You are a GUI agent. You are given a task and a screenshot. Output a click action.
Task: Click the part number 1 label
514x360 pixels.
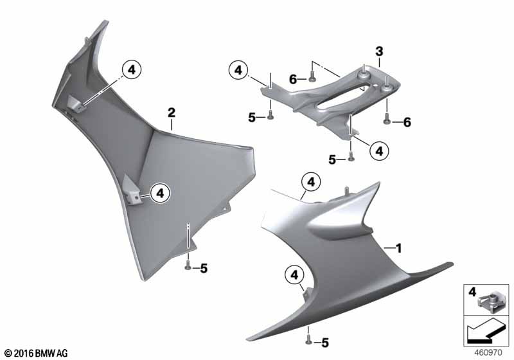coord(398,248)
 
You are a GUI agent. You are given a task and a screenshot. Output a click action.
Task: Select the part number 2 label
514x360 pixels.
coord(172,113)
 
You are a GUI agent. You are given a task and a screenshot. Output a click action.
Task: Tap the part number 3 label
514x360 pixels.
coord(379,51)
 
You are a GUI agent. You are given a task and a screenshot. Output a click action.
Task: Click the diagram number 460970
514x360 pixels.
coord(488,353)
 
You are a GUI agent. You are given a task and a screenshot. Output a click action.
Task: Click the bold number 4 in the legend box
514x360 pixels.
coord(472,291)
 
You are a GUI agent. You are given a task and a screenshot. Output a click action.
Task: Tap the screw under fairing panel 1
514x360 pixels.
coord(308,340)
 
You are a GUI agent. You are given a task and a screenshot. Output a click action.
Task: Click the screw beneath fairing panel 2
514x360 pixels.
coord(188,265)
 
